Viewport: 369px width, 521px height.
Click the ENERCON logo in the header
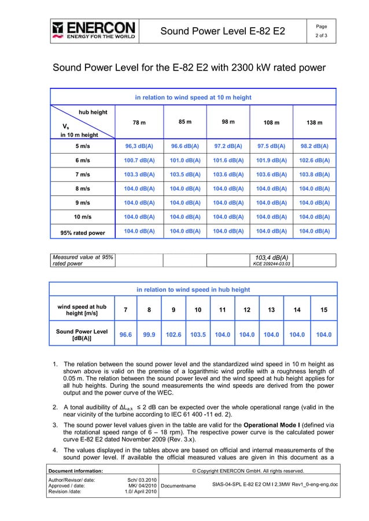(x=94, y=30)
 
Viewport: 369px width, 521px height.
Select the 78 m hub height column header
(x=139, y=122)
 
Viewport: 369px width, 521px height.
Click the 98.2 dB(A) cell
(x=314, y=146)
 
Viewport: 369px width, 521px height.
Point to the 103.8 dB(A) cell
(x=314, y=174)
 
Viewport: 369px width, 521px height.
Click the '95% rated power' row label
(x=79, y=233)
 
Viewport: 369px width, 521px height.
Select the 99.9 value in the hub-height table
(x=149, y=334)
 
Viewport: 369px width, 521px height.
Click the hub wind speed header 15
(x=323, y=310)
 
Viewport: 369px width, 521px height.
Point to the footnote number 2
(x=55, y=407)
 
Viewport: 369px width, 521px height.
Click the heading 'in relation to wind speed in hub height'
(x=193, y=289)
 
